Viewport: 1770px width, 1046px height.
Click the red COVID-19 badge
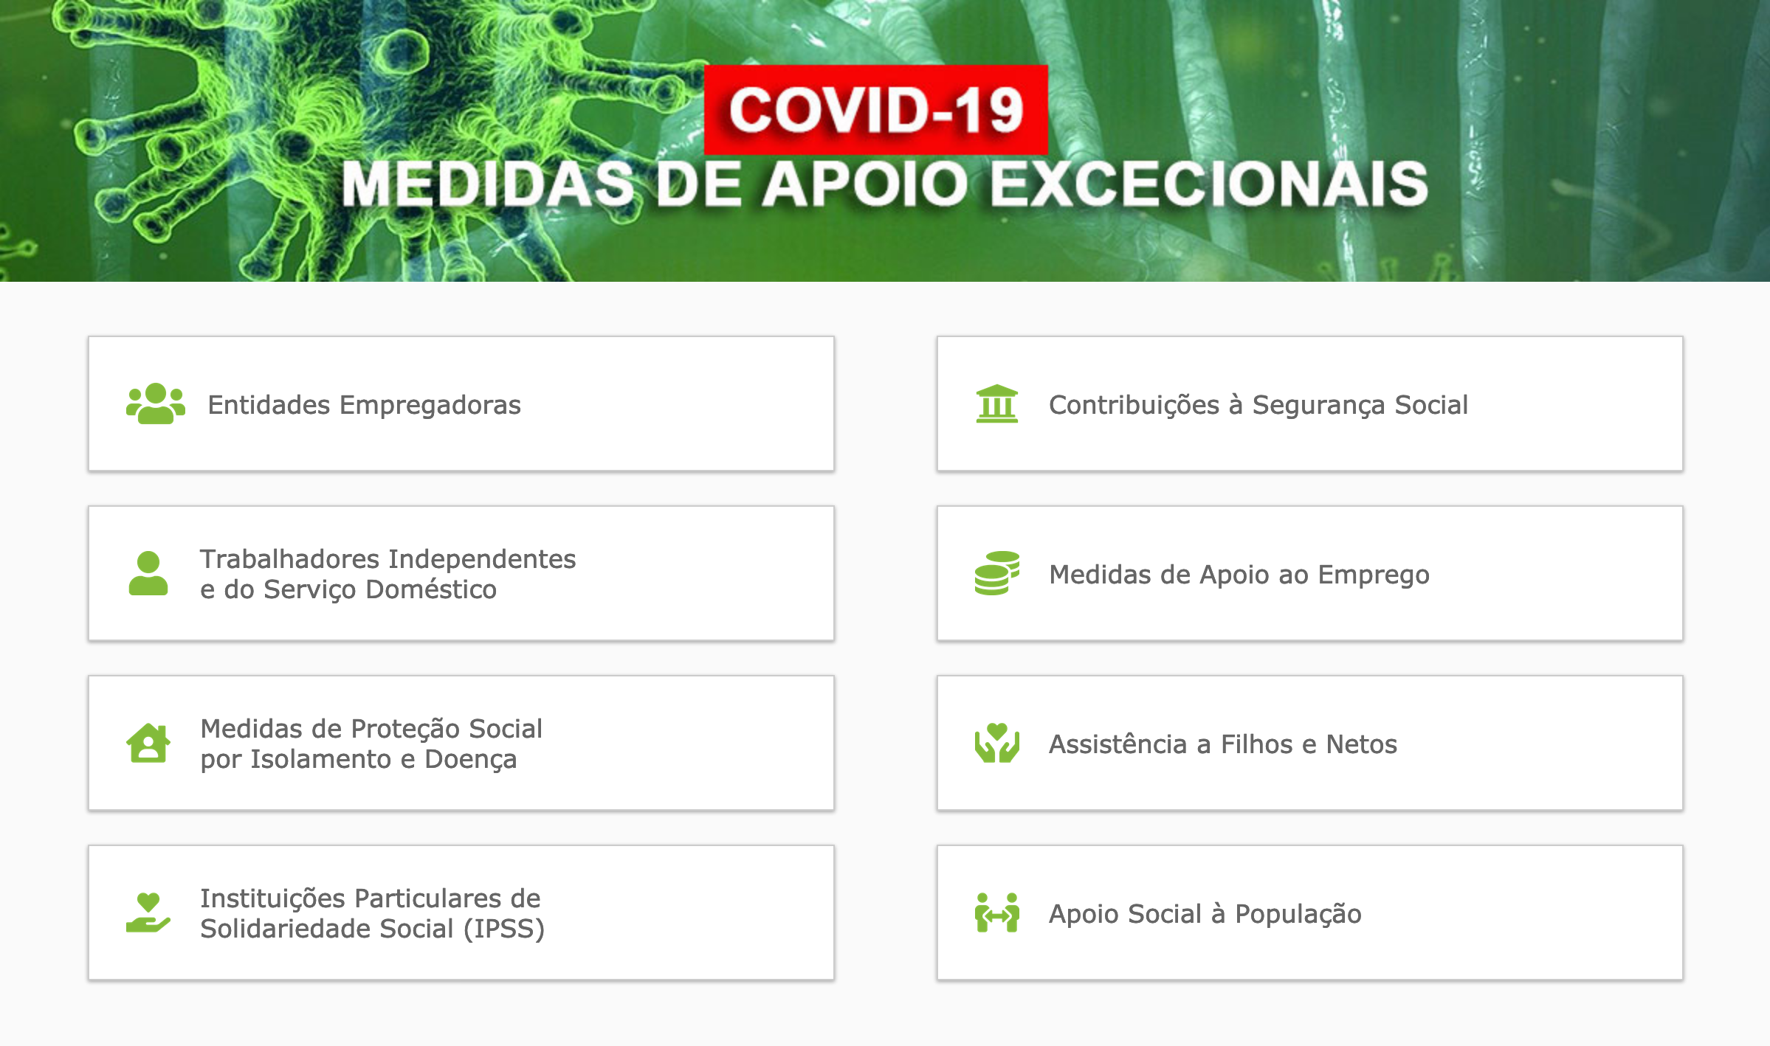tap(875, 110)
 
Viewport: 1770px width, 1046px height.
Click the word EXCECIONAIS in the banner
tap(1208, 183)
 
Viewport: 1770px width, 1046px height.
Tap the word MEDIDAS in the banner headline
tap(488, 183)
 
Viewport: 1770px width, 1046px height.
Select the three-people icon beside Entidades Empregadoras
tap(156, 403)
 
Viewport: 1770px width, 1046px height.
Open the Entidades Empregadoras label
tap(364, 405)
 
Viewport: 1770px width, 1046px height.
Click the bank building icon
tap(997, 403)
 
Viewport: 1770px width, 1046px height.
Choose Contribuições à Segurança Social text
tap(1258, 405)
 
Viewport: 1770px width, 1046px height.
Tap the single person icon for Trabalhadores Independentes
tap(148, 573)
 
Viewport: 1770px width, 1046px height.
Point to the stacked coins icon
tap(997, 573)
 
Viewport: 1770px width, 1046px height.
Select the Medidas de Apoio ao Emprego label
tap(1239, 575)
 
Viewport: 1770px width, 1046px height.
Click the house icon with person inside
tap(148, 743)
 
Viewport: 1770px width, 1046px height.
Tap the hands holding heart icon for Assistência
tap(997, 743)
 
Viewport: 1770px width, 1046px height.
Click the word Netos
tap(1362, 744)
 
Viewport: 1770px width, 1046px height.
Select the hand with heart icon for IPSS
tap(148, 912)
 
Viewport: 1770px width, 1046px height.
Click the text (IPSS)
tap(504, 929)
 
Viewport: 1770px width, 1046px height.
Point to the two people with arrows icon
tap(997, 912)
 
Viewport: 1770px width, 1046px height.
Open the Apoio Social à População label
tap(1205, 914)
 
